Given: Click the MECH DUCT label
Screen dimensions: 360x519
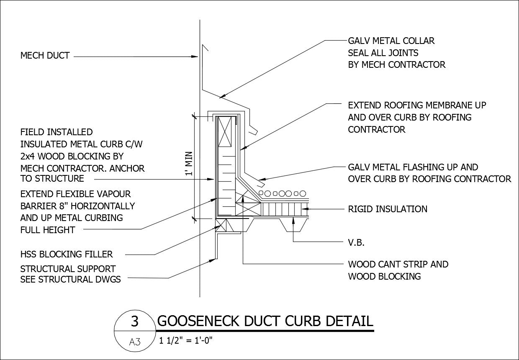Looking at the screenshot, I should tap(45, 56).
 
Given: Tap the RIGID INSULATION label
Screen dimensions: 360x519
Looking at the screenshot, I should tap(388, 208).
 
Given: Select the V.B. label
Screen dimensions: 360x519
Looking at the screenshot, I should tap(356, 242).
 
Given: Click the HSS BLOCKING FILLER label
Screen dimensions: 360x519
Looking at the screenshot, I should tap(67, 254).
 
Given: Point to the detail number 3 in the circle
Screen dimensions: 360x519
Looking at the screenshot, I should tap(134, 321).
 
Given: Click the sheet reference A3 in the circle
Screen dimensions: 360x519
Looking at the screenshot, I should tap(134, 342).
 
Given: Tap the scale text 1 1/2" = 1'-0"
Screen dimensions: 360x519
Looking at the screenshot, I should tap(186, 340).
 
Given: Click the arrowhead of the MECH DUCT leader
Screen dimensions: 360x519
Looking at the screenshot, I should tap(197, 56).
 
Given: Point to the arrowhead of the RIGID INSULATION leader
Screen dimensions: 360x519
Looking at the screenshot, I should tap(304, 208).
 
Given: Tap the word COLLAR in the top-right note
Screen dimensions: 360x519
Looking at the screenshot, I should tap(418, 41).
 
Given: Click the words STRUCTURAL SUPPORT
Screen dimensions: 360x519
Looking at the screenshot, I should tap(68, 269).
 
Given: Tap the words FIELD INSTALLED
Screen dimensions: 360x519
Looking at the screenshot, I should tap(57, 132).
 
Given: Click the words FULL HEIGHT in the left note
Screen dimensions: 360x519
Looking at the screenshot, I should tap(48, 230).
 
